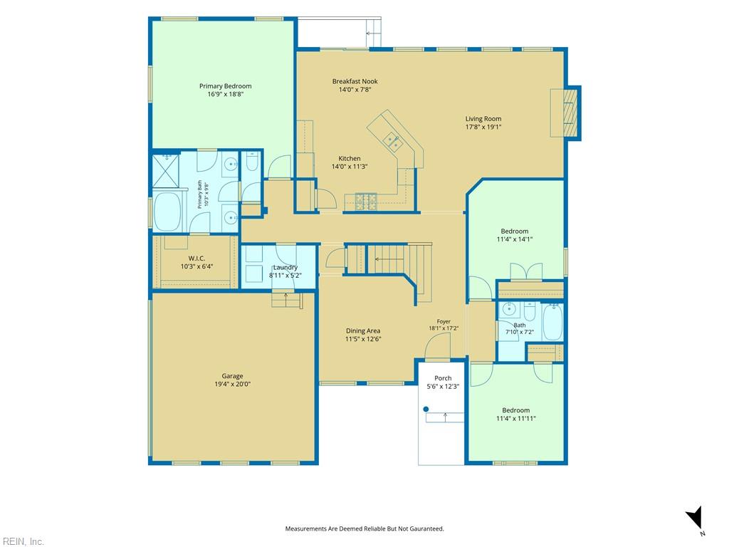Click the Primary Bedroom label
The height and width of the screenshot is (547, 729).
[226, 86]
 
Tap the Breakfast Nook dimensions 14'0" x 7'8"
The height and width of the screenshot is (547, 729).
[355, 89]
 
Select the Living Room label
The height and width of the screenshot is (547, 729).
[483, 119]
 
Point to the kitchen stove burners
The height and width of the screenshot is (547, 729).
[366, 202]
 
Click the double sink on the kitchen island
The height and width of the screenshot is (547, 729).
[392, 142]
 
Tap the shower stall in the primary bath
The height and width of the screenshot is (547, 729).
[166, 171]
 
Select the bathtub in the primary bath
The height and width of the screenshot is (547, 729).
[167, 212]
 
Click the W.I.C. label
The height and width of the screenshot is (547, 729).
[196, 258]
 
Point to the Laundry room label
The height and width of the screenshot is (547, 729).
[285, 268]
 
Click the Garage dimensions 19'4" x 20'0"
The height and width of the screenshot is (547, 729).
[233, 384]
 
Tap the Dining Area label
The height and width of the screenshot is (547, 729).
[362, 330]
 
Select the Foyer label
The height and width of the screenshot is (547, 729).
[444, 321]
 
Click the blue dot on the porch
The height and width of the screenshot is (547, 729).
[426, 410]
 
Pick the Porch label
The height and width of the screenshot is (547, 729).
[443, 378]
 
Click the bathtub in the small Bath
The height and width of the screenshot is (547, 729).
[552, 323]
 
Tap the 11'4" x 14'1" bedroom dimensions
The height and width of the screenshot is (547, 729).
[515, 239]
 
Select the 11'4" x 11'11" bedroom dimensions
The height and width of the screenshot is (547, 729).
[516, 418]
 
